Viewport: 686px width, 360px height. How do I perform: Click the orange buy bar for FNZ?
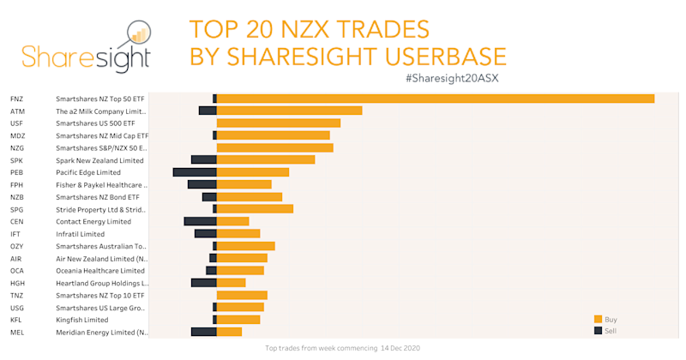click(x=436, y=99)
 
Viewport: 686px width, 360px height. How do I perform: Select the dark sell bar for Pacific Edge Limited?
click(x=195, y=172)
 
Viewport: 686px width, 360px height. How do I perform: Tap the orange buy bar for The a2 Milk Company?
click(x=289, y=111)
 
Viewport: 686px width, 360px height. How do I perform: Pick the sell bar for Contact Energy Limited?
click(x=200, y=221)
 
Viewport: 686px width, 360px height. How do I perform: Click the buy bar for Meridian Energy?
click(x=229, y=332)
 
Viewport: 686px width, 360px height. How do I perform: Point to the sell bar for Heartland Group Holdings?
click(x=203, y=283)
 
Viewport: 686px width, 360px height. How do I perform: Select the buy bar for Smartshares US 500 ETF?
click(x=279, y=123)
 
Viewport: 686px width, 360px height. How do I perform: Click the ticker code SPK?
click(x=16, y=160)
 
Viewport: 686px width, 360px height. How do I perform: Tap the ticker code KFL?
click(x=16, y=320)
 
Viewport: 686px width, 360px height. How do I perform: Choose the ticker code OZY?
click(x=16, y=246)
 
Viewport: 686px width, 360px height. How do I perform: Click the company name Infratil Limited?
click(x=80, y=234)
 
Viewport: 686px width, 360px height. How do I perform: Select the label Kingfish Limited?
click(x=81, y=320)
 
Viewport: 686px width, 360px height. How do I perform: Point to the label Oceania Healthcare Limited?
click(x=99, y=271)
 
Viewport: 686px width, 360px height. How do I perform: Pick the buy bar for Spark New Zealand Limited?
click(x=266, y=159)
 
